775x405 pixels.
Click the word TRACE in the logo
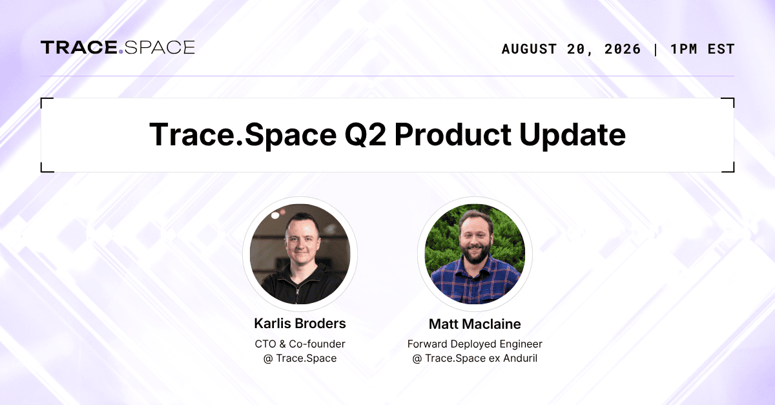coord(79,47)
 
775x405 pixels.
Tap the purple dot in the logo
coord(121,52)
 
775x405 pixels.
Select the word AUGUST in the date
coord(529,49)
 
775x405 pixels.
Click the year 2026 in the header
coord(623,49)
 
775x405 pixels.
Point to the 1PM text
coord(684,49)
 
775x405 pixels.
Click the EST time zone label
coord(721,49)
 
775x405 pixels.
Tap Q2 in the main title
coord(366,135)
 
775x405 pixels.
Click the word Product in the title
coord(453,134)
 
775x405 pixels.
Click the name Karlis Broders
coord(300,324)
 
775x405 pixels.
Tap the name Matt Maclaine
coord(475,324)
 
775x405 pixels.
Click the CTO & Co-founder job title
coord(300,344)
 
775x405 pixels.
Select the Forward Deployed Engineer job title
coord(475,344)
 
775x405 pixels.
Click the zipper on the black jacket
coord(298,293)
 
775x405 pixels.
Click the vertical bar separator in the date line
coord(656,50)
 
